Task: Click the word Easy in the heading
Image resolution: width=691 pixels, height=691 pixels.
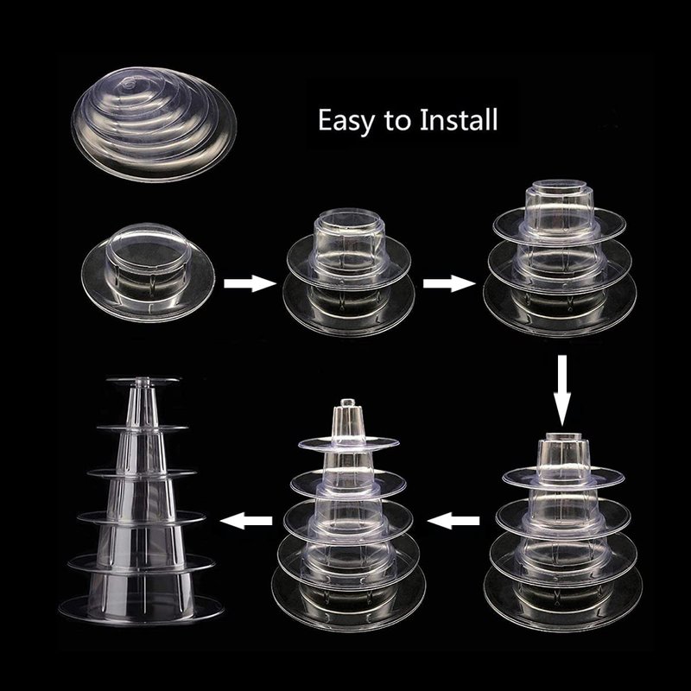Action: (x=345, y=120)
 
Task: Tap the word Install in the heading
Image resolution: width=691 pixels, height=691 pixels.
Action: (x=459, y=119)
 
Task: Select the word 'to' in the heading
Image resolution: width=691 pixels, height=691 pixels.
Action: (x=398, y=121)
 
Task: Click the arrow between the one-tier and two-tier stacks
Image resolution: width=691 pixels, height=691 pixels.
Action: (x=250, y=283)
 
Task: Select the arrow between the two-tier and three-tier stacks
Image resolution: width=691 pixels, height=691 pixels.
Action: (x=449, y=283)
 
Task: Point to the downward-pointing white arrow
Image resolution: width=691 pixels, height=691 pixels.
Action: (x=562, y=390)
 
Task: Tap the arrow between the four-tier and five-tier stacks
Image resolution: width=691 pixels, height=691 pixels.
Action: (x=453, y=521)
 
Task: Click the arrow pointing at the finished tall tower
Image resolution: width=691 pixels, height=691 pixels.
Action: (x=246, y=521)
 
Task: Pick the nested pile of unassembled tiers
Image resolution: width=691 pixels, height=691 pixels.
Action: (x=154, y=124)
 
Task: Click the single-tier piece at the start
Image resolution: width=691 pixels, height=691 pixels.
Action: (x=148, y=272)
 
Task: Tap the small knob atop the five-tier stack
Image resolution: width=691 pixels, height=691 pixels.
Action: (x=348, y=403)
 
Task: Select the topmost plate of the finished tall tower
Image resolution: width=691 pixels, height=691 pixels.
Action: (x=143, y=380)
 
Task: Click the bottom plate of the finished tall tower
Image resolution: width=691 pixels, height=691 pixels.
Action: (x=141, y=611)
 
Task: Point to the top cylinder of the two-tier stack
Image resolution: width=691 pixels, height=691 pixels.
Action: (x=349, y=244)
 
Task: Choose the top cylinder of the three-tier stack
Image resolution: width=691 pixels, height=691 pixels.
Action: (x=559, y=206)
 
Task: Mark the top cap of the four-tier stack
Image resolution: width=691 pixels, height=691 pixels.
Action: (x=563, y=437)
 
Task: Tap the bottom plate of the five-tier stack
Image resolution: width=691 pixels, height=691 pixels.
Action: (x=348, y=599)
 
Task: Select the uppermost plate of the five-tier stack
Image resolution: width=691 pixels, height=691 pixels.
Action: (x=348, y=443)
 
